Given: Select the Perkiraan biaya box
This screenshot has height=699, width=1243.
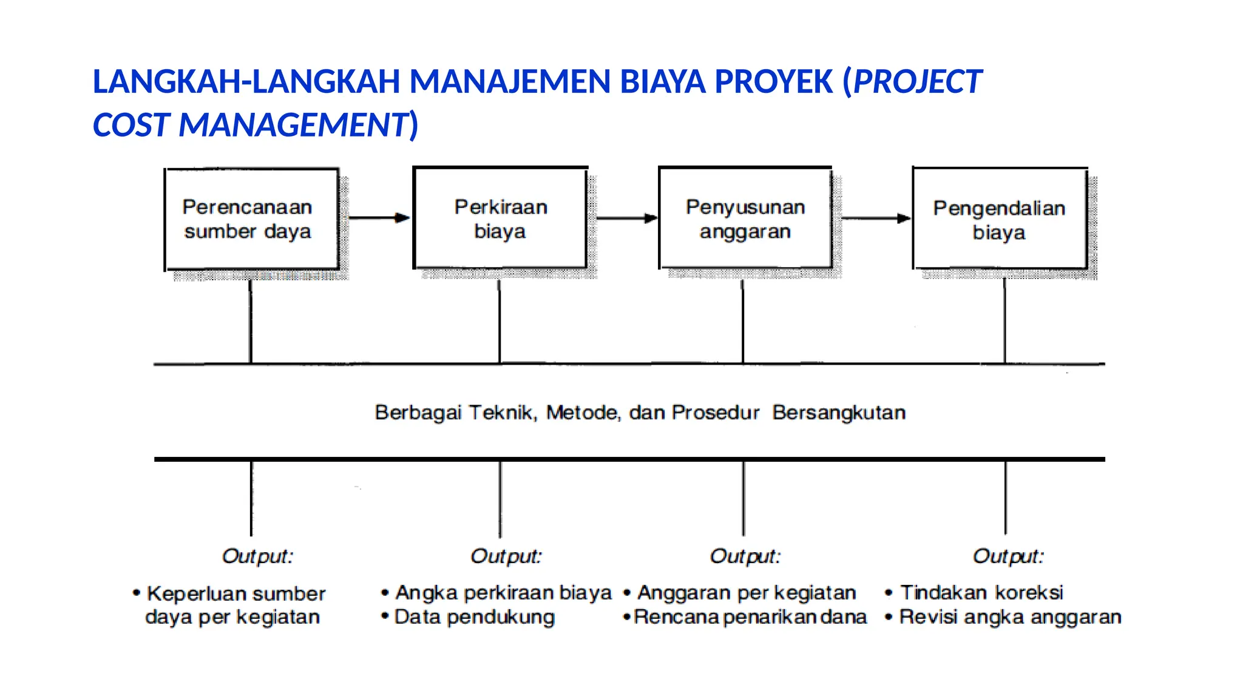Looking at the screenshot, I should click(500, 218).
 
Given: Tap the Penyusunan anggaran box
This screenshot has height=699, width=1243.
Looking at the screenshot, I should click(745, 218).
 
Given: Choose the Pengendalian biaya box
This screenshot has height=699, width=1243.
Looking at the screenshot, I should click(1000, 219).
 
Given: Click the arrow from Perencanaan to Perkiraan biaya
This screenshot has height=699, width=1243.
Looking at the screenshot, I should click(379, 217).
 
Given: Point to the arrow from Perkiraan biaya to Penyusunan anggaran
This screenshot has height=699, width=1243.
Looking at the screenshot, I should click(626, 218).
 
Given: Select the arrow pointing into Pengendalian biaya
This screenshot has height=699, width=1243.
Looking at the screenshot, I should click(875, 218).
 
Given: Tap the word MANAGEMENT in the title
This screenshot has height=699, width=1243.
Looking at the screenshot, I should click(294, 125).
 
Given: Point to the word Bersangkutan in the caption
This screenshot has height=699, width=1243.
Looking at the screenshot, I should click(839, 413).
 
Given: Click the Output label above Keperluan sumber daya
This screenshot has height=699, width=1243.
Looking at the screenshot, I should click(257, 556).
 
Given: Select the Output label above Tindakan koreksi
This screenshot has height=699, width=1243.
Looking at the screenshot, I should click(1008, 556).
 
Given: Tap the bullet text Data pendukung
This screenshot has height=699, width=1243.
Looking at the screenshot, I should click(474, 617).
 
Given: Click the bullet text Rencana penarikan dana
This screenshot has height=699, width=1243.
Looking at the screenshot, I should click(750, 617).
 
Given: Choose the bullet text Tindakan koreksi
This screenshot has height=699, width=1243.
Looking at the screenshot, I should click(981, 592).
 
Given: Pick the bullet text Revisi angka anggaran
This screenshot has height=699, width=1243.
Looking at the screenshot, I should click(1010, 617).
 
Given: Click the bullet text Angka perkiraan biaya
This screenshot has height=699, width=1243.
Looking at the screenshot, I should click(503, 592).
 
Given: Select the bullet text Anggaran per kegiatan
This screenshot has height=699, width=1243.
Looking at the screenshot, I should click(747, 592).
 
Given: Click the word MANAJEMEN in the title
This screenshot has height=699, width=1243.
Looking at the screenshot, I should click(509, 82).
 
